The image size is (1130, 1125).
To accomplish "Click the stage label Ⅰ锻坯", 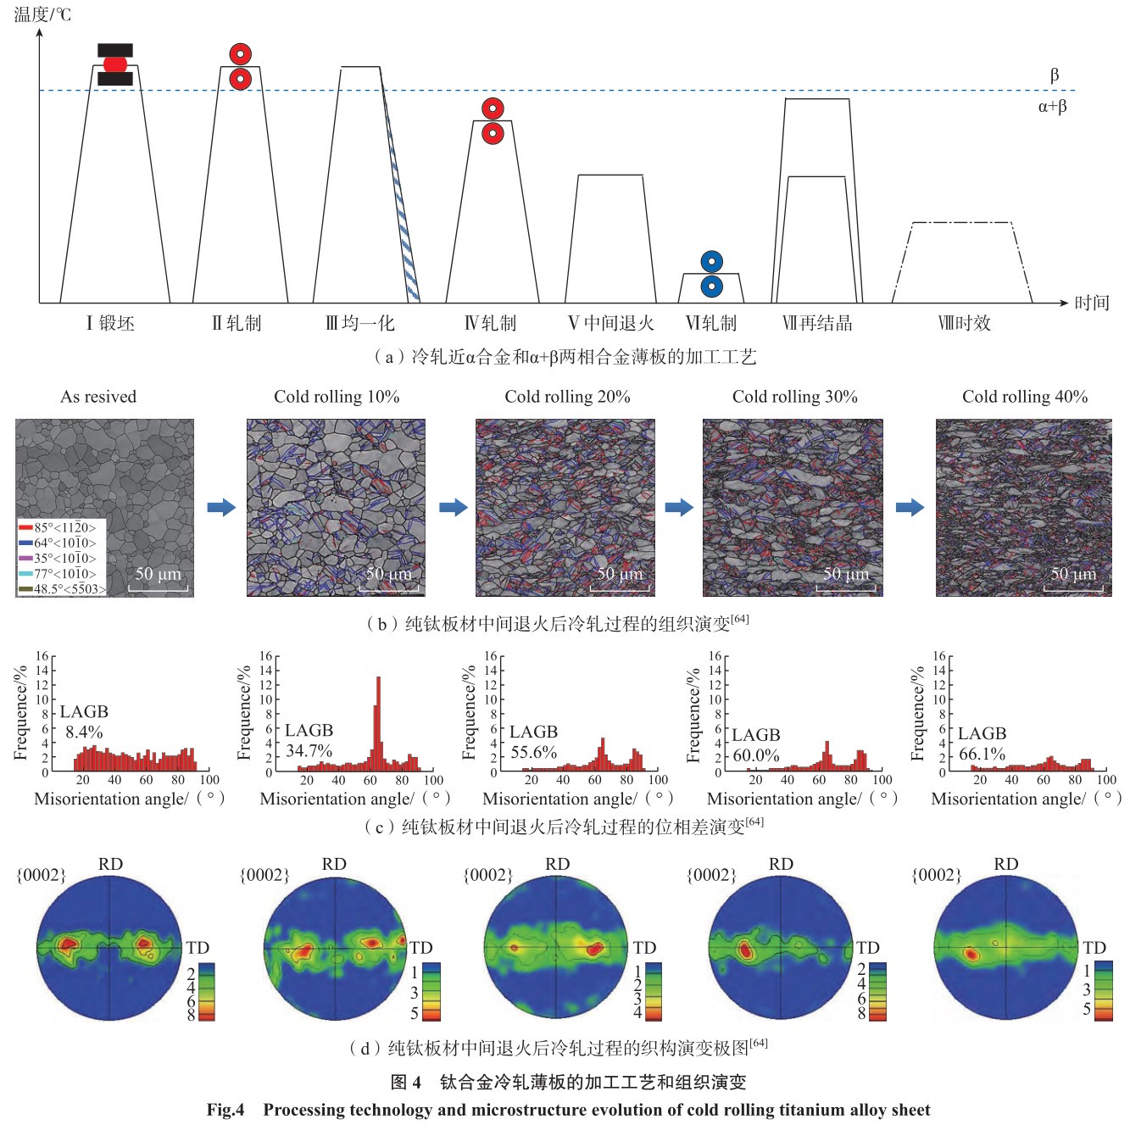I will [x=110, y=323].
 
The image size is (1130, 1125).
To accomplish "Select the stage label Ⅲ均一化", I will [x=360, y=323].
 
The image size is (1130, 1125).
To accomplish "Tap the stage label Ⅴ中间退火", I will [x=610, y=323].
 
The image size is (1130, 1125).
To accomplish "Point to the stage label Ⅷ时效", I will [x=964, y=323].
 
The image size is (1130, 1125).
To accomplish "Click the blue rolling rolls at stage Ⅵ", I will [x=711, y=274].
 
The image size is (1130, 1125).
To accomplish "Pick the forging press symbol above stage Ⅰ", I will [x=115, y=64].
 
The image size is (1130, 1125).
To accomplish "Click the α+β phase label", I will [x=1052, y=107].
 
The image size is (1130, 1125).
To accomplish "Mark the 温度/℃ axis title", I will [x=42, y=14].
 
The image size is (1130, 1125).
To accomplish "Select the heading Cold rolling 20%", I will [x=567, y=397].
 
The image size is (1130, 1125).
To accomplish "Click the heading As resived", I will [x=98, y=397].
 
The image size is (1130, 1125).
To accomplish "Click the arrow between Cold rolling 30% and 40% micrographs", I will [x=910, y=507].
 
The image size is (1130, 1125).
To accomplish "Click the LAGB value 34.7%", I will [x=309, y=750].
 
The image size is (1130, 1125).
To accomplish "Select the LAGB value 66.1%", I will [x=982, y=754].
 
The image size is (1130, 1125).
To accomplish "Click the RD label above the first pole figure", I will [x=110, y=864].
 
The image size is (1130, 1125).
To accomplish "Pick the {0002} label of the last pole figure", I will [x=936, y=875].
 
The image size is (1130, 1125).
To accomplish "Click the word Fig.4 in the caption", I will [x=225, y=1110].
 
